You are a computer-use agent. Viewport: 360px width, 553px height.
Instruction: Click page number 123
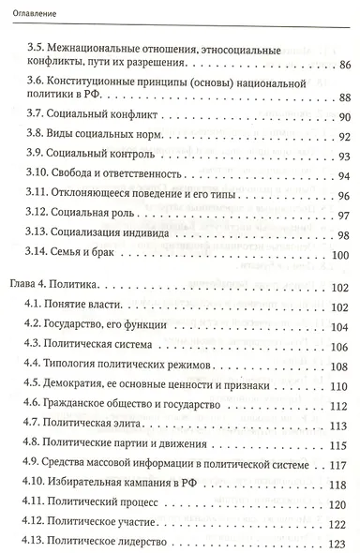333,545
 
